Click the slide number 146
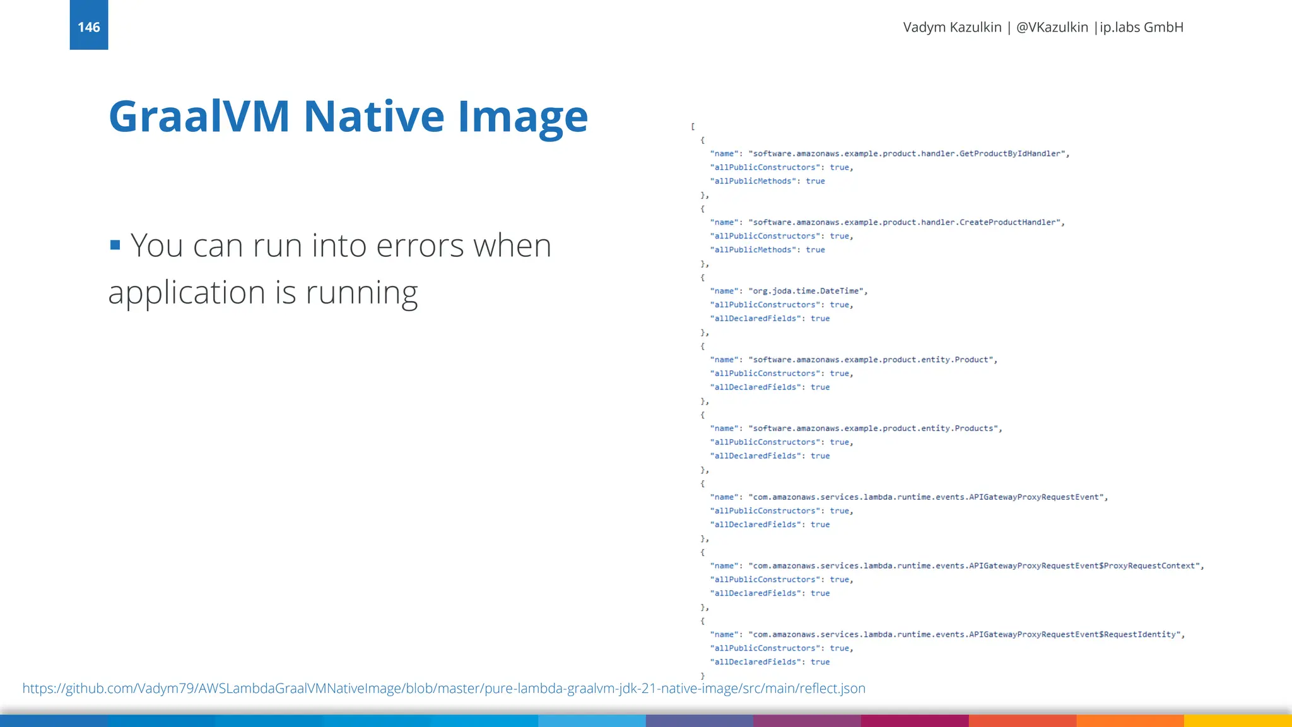(x=88, y=27)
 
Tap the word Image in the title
(x=522, y=117)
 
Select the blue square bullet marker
(x=115, y=245)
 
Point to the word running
(x=361, y=293)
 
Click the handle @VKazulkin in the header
(x=1052, y=27)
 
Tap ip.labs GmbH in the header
(x=1141, y=27)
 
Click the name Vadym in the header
(x=924, y=27)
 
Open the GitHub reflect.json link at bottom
(x=443, y=688)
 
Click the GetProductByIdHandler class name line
(x=908, y=153)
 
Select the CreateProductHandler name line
(x=906, y=222)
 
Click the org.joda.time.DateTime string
(x=807, y=291)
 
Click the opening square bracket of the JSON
(x=693, y=126)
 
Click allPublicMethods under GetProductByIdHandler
(x=752, y=181)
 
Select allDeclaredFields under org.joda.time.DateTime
(x=755, y=318)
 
